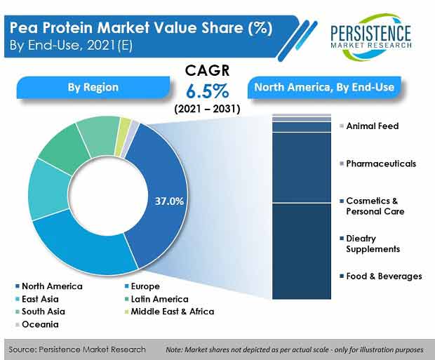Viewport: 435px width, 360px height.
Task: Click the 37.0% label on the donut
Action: point(169,201)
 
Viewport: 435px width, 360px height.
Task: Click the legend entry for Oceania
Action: point(37,324)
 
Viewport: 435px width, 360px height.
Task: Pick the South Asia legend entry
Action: point(40,312)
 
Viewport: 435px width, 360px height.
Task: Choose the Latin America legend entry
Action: point(156,299)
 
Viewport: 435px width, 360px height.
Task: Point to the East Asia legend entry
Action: point(37,299)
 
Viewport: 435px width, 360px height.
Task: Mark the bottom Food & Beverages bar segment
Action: point(302,251)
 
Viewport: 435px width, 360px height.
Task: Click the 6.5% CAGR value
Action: point(207,91)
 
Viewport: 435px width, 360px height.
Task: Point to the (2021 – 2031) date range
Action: point(207,109)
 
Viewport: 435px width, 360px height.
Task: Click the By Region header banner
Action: point(93,87)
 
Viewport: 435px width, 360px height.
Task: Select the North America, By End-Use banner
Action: point(324,87)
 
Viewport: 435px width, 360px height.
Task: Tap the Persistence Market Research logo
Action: point(370,36)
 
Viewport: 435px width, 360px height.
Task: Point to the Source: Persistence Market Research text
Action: point(77,349)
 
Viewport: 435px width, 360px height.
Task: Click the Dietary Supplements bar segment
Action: point(302,168)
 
